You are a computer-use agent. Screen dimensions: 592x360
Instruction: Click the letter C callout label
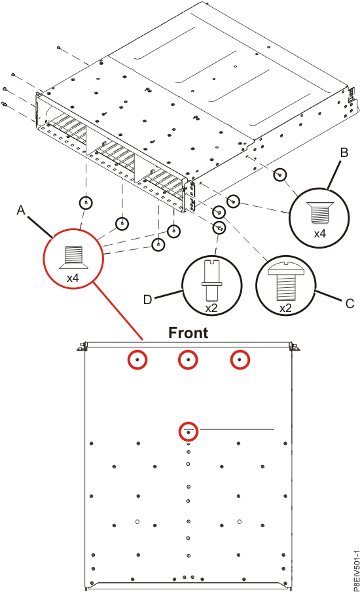[x=350, y=303]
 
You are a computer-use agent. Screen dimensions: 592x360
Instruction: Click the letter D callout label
[x=149, y=299]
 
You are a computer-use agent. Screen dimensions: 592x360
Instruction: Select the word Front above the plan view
[x=189, y=333]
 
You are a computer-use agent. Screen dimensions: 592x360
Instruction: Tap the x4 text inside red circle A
[x=73, y=277]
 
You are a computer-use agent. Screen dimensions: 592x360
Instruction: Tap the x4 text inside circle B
[x=319, y=233]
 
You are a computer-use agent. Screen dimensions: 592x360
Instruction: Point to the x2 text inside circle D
[x=211, y=307]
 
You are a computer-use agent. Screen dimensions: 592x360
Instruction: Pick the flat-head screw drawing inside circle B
[x=319, y=211]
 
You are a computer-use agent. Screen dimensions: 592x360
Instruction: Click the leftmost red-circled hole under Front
[x=137, y=360]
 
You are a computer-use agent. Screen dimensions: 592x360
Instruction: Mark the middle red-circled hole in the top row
[x=189, y=360]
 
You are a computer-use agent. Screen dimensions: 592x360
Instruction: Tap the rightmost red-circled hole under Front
[x=240, y=360]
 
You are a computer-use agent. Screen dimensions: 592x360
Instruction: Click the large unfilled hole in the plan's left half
[x=137, y=521]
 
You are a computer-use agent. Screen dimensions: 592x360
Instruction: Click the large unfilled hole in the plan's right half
[x=240, y=521]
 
